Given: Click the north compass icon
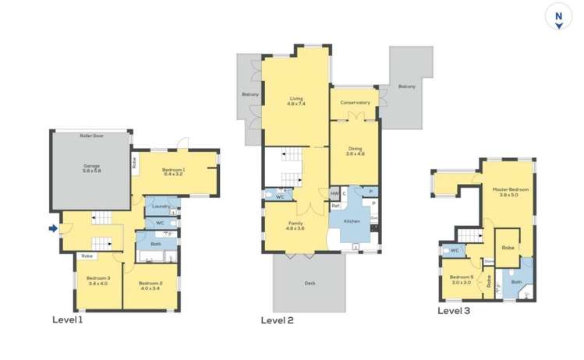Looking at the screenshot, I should pyautogui.click(x=558, y=17).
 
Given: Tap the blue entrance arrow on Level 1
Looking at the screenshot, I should pyautogui.click(x=53, y=228).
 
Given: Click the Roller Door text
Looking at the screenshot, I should pyautogui.click(x=92, y=136).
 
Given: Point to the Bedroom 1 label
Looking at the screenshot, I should pyautogui.click(x=173, y=171).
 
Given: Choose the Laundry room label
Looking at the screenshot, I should pyautogui.click(x=161, y=206).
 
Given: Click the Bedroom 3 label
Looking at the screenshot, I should pyautogui.click(x=97, y=281).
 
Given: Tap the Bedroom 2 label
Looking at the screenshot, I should pyautogui.click(x=150, y=284).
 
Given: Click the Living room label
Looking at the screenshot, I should pyautogui.click(x=296, y=101).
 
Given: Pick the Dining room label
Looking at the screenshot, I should pyautogui.click(x=355, y=151).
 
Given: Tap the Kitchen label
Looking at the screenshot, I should pyautogui.click(x=351, y=222).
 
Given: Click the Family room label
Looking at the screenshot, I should pyautogui.click(x=296, y=226).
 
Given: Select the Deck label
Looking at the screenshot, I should pyautogui.click(x=310, y=284).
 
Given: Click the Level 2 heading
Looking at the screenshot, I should pyautogui.click(x=278, y=319).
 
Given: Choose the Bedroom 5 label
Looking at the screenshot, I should pyautogui.click(x=462, y=279).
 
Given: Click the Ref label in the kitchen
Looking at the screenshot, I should pyautogui.click(x=334, y=206).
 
